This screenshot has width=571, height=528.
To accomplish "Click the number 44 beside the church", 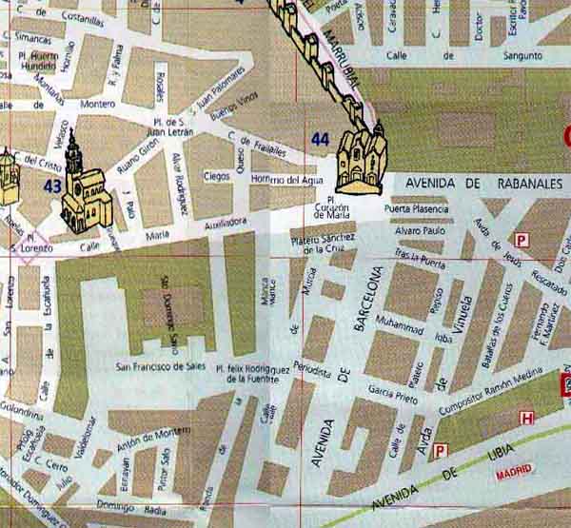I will click(320, 140).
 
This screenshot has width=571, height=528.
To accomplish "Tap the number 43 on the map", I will click(51, 186).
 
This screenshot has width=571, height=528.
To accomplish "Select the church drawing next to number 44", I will click(362, 157).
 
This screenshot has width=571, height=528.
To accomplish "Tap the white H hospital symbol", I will click(526, 418).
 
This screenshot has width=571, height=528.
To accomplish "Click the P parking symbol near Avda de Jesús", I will click(521, 240).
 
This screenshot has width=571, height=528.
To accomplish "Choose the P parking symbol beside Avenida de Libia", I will click(440, 450).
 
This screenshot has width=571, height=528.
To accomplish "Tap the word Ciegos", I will click(217, 176).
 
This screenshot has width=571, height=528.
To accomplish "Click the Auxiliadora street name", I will click(219, 223).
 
